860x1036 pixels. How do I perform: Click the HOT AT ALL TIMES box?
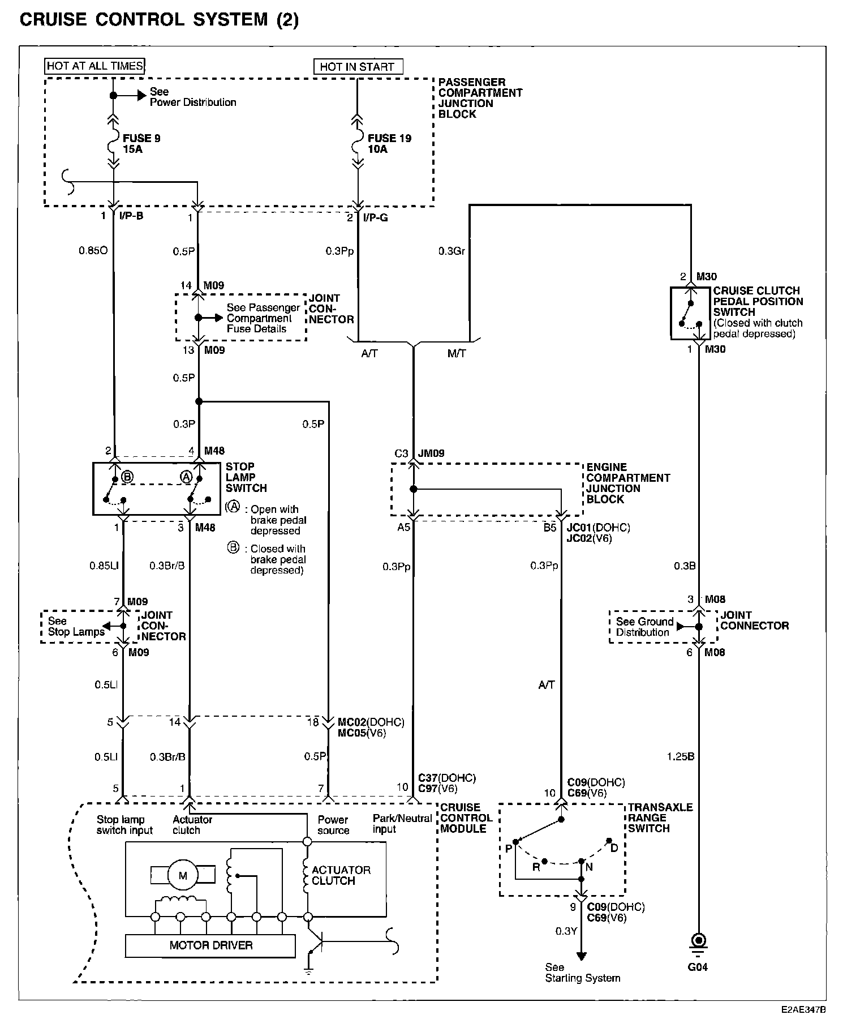click(x=94, y=66)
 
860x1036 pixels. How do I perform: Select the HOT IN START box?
click(x=358, y=67)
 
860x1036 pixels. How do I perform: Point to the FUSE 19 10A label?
click(x=389, y=144)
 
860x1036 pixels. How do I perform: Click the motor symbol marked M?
click(x=182, y=875)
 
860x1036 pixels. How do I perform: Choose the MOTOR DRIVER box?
click(x=210, y=945)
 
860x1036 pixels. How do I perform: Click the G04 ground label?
click(x=698, y=967)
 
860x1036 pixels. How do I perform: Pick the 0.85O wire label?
click(x=93, y=250)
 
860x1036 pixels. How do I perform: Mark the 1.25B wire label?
click(x=680, y=756)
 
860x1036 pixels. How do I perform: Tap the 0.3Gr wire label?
click(x=451, y=250)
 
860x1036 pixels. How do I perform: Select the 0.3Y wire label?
click(x=566, y=931)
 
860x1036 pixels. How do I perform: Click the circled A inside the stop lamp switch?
click(x=186, y=477)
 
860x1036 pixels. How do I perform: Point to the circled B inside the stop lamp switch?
click(x=127, y=477)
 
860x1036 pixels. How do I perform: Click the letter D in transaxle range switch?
click(x=614, y=847)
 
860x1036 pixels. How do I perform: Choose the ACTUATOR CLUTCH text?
click(x=341, y=875)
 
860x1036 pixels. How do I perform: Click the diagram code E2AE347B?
click(x=804, y=1009)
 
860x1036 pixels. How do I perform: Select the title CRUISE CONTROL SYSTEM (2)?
click(x=159, y=20)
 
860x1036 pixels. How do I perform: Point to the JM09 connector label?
click(x=431, y=453)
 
